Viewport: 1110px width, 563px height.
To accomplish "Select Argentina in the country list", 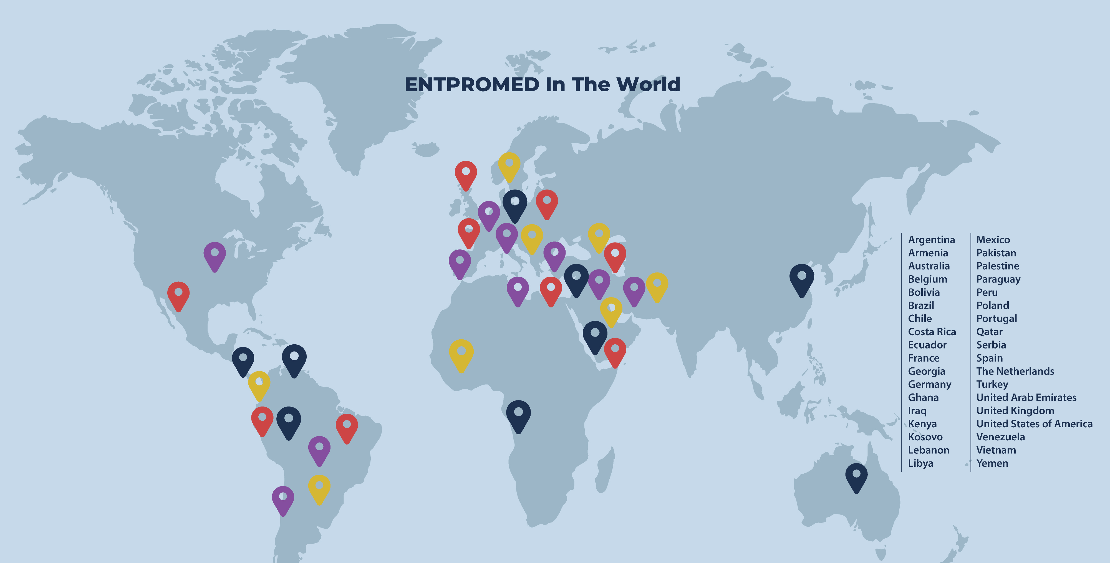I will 931,240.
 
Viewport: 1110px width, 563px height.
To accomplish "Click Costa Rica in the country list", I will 932,332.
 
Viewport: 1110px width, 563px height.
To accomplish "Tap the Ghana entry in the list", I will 923,398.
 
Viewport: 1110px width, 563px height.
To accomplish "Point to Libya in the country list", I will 920,463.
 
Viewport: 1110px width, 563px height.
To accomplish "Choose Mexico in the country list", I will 993,240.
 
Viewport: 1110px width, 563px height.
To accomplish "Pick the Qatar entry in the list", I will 989,332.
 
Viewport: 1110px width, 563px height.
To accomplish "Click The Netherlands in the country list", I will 1015,371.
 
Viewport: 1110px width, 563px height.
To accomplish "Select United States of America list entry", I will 1034,424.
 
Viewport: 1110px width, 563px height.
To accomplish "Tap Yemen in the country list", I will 992,463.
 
